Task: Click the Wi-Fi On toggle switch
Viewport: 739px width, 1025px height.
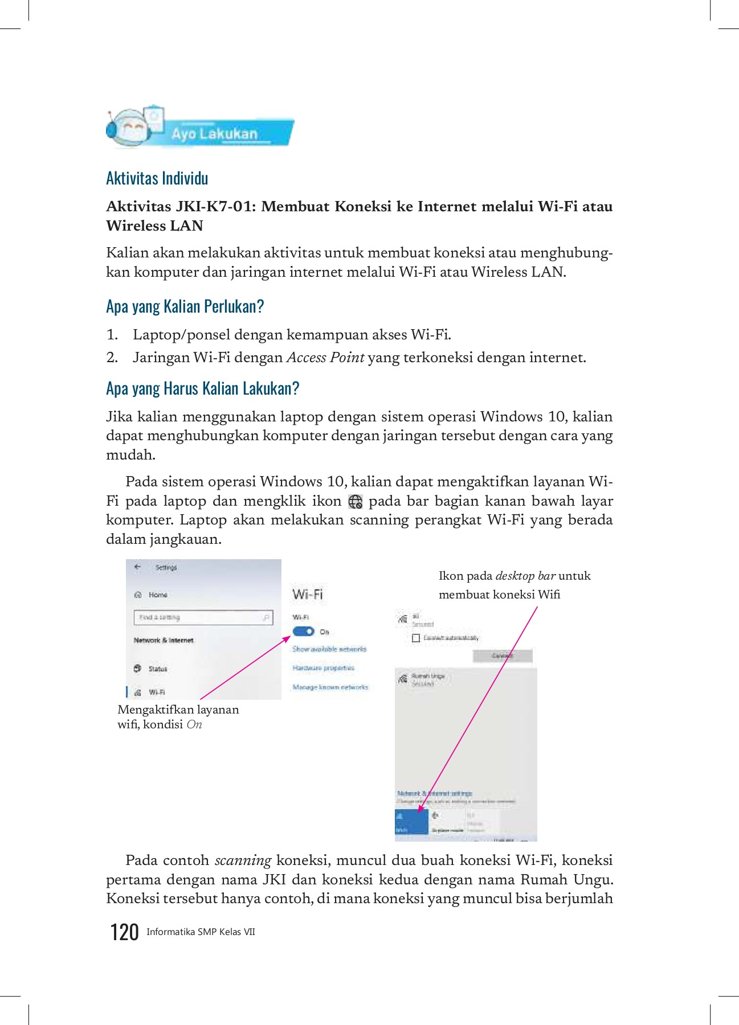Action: click(x=303, y=631)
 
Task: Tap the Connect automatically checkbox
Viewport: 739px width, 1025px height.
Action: click(x=416, y=638)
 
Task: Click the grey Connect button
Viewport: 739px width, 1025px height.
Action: click(x=503, y=656)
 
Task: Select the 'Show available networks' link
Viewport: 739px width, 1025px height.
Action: click(x=329, y=649)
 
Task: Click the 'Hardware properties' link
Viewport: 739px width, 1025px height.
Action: click(x=323, y=668)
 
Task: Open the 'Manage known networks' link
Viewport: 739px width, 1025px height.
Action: click(x=330, y=687)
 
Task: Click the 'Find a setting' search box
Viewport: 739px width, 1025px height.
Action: click(x=203, y=617)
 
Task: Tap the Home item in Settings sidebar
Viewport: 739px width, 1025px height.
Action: click(x=157, y=594)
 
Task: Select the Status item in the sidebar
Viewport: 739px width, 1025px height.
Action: click(x=157, y=669)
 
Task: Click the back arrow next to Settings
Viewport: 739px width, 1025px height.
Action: click(x=137, y=567)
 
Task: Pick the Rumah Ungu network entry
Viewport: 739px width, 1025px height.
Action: click(x=427, y=679)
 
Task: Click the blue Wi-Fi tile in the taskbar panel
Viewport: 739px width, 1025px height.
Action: click(x=411, y=822)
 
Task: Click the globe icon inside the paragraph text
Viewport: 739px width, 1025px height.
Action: click(x=355, y=502)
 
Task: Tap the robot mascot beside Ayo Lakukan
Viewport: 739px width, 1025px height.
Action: click(x=129, y=128)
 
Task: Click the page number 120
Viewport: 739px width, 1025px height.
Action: click(x=124, y=932)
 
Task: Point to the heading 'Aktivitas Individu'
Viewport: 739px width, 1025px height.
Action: click(x=157, y=178)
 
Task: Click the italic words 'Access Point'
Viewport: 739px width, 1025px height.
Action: click(x=325, y=358)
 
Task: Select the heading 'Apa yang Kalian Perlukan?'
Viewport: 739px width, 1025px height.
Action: click(x=185, y=306)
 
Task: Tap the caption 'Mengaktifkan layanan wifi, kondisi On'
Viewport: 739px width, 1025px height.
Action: click(x=178, y=717)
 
